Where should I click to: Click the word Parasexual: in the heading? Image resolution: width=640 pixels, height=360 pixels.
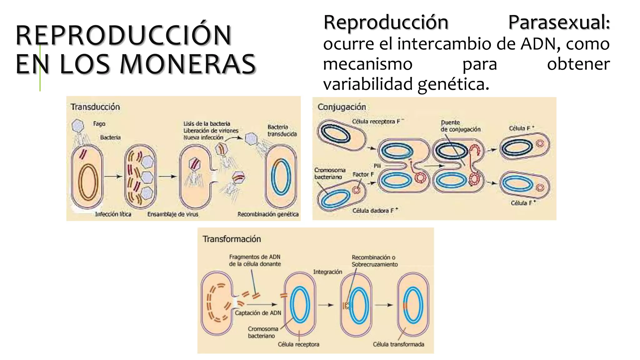click(x=559, y=22)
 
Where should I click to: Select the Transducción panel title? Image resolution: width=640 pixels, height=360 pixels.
click(x=95, y=107)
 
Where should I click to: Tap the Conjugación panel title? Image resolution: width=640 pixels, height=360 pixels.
click(x=342, y=107)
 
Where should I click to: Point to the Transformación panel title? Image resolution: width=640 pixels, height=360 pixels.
click(x=232, y=239)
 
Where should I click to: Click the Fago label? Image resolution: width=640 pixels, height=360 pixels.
click(x=99, y=124)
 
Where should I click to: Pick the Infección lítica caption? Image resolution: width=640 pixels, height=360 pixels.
click(x=113, y=214)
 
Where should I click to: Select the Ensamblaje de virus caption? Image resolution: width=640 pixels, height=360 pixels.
click(x=172, y=214)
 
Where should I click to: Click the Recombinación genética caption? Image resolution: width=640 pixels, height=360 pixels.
click(x=268, y=214)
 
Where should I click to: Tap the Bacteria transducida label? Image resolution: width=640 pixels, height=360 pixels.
click(x=282, y=131)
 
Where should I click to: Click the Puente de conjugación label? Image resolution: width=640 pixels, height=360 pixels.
click(x=460, y=126)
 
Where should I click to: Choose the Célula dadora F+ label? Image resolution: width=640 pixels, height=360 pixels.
click(x=375, y=211)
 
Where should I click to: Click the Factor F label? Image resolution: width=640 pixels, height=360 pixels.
click(x=363, y=174)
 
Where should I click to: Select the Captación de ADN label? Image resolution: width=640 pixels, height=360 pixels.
click(x=258, y=313)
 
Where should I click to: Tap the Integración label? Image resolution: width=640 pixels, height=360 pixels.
click(x=327, y=272)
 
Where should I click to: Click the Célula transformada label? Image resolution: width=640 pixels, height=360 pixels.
click(x=398, y=344)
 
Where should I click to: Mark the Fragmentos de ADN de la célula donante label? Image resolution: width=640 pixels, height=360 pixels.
click(x=255, y=260)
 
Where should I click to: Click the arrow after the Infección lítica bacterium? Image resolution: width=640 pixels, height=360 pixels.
click(x=113, y=177)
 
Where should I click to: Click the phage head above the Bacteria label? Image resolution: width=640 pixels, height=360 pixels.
click(x=77, y=126)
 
